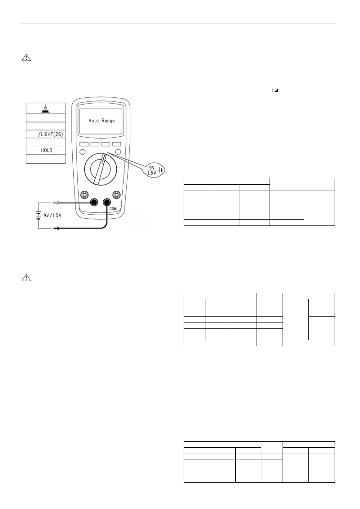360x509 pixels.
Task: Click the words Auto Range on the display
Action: pyautogui.click(x=101, y=121)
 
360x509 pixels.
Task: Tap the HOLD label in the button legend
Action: pyautogui.click(x=46, y=150)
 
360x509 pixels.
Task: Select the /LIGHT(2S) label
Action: pyautogui.click(x=50, y=134)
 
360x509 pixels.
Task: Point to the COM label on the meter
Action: pyautogui.click(x=113, y=209)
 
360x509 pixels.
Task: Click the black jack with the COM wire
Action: pyautogui.click(x=107, y=202)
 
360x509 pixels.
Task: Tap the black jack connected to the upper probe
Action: pyautogui.click(x=94, y=202)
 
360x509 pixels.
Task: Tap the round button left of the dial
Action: pyautogui.click(x=82, y=152)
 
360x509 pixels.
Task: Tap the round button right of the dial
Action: pyautogui.click(x=119, y=152)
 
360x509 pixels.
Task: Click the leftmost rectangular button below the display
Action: pyautogui.click(x=84, y=144)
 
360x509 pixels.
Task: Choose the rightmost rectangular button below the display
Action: pyautogui.click(x=116, y=144)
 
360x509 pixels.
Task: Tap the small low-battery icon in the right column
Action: pyautogui.click(x=275, y=90)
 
